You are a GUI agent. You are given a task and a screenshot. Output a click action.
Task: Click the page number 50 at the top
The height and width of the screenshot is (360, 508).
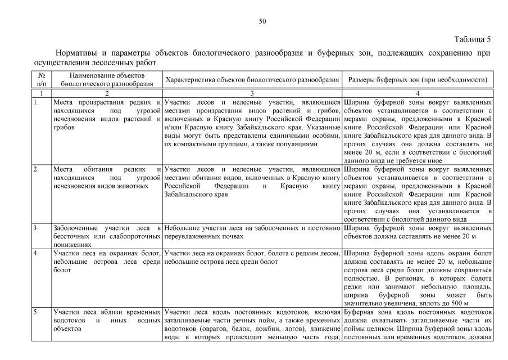pos(262,21)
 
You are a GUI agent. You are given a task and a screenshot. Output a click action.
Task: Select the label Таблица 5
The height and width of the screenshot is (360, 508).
pos(472,39)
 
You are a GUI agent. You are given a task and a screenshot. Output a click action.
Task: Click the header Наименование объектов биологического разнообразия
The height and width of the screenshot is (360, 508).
pos(107,79)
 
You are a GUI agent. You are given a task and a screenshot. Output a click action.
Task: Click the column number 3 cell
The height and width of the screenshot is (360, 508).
pos(252,92)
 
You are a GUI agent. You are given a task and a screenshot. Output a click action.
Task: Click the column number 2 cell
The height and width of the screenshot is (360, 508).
pos(107,92)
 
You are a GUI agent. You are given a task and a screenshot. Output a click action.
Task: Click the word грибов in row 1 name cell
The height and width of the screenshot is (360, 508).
pos(63,128)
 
